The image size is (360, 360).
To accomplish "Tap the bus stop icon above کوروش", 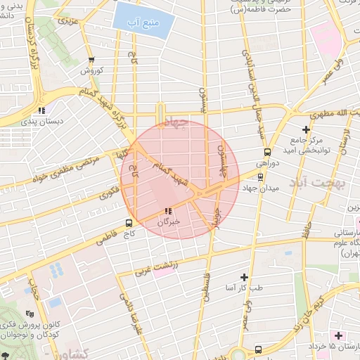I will point(91,60).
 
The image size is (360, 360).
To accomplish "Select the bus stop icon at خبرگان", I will point(167,211).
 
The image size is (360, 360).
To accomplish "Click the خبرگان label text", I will point(169,221).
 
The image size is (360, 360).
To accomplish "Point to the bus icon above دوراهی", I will point(267,151).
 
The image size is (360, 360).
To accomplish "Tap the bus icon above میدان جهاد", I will point(262,178).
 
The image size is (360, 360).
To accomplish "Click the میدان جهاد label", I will point(264,188).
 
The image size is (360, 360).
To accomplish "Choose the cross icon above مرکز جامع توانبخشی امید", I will point(306,129).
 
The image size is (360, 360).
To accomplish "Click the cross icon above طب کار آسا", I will point(245,277).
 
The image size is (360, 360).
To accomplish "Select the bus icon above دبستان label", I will point(42,110).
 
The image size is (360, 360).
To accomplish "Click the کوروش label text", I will point(91,71).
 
